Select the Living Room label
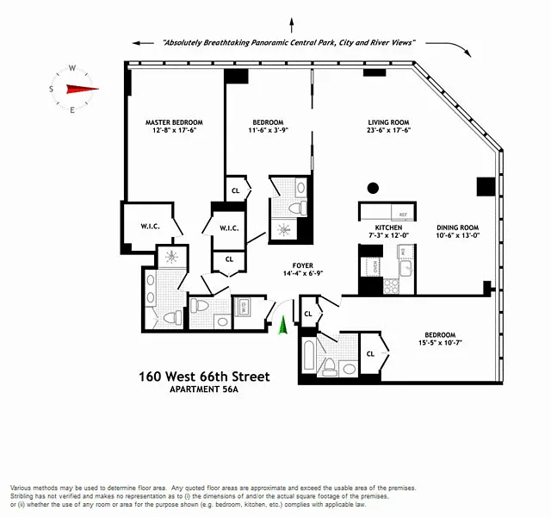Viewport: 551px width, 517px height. click(x=389, y=123)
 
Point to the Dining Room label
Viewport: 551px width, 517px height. click(x=457, y=227)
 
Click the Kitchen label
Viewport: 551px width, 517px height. click(x=376, y=227)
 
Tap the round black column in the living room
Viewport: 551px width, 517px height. click(x=373, y=188)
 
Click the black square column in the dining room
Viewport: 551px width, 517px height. click(x=486, y=186)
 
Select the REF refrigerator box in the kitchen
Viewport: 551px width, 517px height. click(x=402, y=215)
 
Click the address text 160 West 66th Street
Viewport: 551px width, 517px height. click(x=204, y=377)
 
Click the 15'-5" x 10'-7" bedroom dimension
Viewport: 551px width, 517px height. click(x=439, y=344)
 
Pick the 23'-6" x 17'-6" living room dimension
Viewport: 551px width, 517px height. click(x=389, y=133)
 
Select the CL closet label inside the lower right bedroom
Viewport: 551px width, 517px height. click(x=370, y=353)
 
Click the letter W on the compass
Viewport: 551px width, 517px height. click(x=73, y=67)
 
